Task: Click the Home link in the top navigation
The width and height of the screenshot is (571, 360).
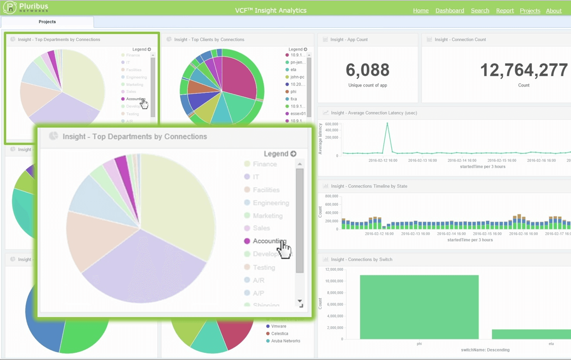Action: pyautogui.click(x=421, y=10)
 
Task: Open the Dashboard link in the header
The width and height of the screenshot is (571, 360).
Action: pyautogui.click(x=450, y=10)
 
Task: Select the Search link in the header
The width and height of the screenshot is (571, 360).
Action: pyautogui.click(x=480, y=10)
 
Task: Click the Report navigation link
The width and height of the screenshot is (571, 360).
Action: pyautogui.click(x=505, y=10)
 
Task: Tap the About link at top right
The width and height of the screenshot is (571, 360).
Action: pyautogui.click(x=554, y=11)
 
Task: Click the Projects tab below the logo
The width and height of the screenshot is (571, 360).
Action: pyautogui.click(x=47, y=22)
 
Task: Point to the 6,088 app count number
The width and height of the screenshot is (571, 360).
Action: pyautogui.click(x=367, y=70)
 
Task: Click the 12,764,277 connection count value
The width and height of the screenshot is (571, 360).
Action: pyautogui.click(x=523, y=70)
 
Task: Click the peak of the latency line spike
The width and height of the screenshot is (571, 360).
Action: pyautogui.click(x=387, y=124)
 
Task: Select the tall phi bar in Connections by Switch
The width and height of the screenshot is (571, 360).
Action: pyautogui.click(x=419, y=307)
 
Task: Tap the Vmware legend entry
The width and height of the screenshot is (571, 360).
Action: pyautogui.click(x=278, y=326)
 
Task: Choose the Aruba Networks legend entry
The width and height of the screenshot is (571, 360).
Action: pyautogui.click(x=285, y=341)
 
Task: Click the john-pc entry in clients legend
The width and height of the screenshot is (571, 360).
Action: pyautogui.click(x=297, y=77)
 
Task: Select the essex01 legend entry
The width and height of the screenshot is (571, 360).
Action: pyautogui.click(x=298, y=114)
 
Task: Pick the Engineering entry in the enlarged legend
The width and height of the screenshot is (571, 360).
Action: pyautogui.click(x=271, y=203)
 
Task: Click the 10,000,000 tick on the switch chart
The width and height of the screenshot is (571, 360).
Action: pyautogui.click(x=334, y=281)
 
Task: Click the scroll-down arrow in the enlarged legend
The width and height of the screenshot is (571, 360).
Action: pyautogui.click(x=300, y=301)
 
